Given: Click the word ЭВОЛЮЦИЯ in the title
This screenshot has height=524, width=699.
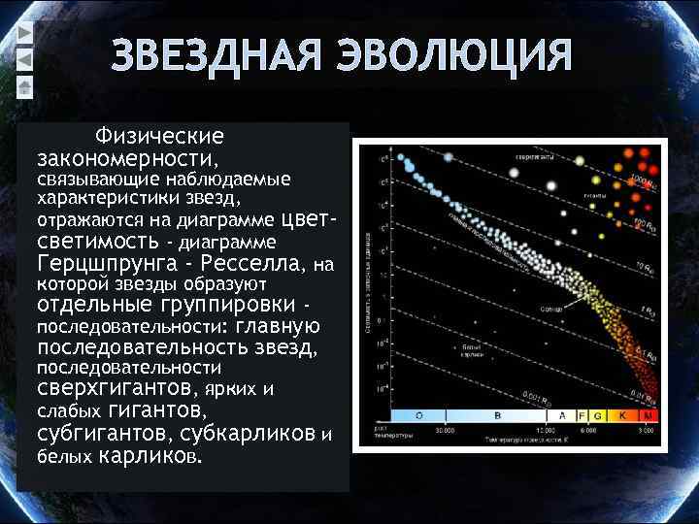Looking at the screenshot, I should (454, 56).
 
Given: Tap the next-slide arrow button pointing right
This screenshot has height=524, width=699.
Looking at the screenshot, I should (25, 33).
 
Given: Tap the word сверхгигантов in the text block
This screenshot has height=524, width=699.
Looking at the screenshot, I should (119, 390).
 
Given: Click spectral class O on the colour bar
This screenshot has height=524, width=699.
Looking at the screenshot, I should (419, 415).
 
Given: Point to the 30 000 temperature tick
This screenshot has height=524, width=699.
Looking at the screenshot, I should (446, 427).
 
